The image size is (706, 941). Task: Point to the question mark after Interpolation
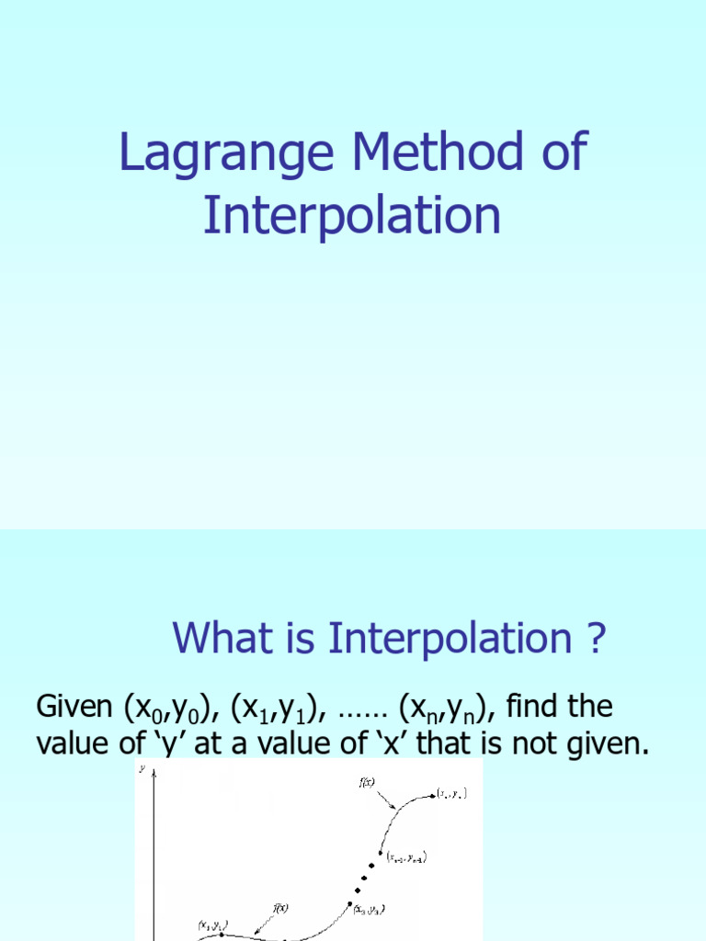coord(598,639)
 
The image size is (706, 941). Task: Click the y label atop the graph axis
coord(142,770)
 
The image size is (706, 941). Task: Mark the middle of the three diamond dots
coord(365,878)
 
